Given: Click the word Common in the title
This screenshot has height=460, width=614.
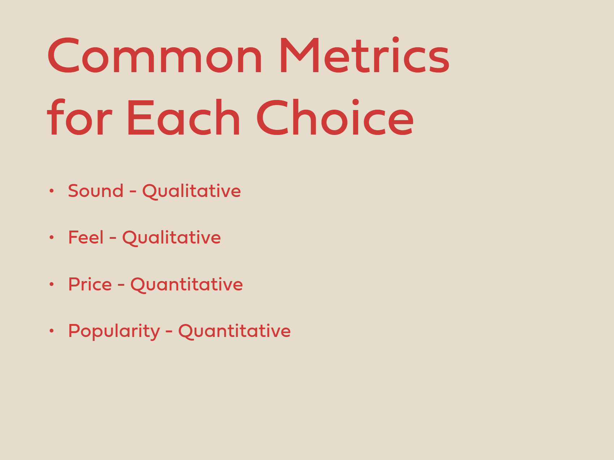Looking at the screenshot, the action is click(155, 56).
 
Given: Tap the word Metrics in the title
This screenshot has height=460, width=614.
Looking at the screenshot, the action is click(364, 55).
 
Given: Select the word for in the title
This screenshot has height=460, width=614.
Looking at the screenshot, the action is click(79, 117).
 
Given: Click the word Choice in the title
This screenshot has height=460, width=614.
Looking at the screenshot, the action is click(335, 117).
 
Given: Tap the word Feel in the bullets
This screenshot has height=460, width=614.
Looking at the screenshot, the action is click(86, 237).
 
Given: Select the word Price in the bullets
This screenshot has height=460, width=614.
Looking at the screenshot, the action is click(90, 284).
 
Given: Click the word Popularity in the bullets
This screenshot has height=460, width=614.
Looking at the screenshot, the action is click(114, 331).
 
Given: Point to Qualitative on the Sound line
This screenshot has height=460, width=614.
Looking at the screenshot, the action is click(191, 191).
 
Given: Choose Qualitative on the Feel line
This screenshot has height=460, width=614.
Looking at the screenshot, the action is click(172, 238).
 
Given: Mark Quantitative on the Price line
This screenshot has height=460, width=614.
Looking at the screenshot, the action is click(187, 285).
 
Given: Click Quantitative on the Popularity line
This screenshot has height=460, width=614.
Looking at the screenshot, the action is click(234, 331).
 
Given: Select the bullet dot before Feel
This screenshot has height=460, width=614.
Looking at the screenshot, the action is click(52, 237).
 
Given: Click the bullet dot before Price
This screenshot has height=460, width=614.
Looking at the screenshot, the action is click(52, 284).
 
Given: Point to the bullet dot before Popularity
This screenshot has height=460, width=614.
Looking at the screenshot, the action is click(52, 330).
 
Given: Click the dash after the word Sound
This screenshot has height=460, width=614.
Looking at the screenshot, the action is click(133, 192).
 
